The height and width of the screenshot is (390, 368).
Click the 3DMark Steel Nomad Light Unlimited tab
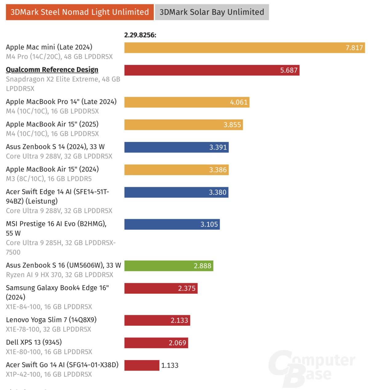[79, 12]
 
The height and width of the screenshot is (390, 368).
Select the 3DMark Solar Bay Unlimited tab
[212, 12]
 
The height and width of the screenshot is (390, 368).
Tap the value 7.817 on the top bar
[354, 48]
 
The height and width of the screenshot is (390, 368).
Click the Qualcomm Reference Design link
[52, 70]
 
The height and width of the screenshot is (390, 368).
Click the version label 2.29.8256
[140, 35]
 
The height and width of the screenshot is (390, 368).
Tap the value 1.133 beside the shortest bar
[170, 365]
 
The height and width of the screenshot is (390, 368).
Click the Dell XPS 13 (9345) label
[34, 342]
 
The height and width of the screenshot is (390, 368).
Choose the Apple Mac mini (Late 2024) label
[49, 47]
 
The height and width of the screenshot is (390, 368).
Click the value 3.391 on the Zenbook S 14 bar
[218, 147]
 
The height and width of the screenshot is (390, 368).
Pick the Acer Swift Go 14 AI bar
[142, 365]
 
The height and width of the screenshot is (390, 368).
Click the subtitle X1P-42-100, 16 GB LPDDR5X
[49, 374]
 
